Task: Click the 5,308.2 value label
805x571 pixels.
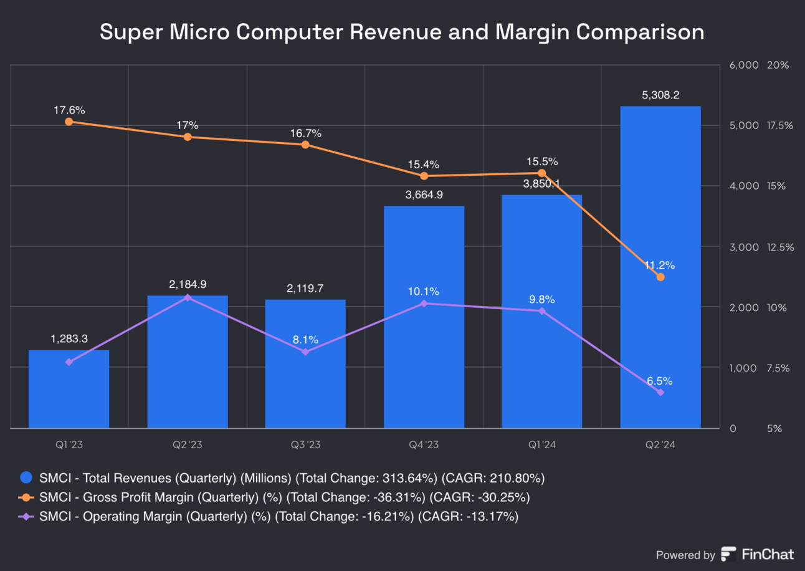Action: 660,95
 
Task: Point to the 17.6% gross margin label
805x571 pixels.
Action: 69,110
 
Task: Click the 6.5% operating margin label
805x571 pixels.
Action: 660,381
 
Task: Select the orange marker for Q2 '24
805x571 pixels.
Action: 660,277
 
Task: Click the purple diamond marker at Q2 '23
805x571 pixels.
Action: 187,297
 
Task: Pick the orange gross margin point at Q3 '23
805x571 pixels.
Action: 305,145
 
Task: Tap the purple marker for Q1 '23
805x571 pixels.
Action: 69,362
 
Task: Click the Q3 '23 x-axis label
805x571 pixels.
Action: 305,445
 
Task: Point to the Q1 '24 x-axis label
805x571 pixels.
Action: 542,445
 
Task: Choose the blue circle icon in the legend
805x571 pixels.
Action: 26,478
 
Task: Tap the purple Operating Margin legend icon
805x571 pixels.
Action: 26,517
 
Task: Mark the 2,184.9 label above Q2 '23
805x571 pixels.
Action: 187,284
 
